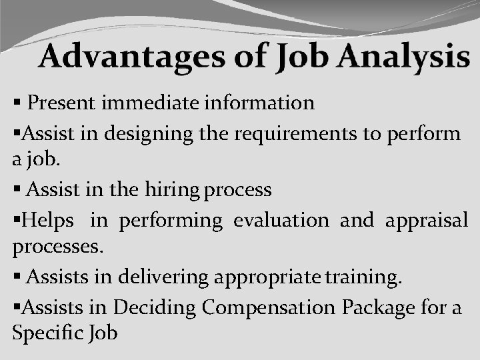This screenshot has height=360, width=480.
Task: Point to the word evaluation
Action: point(281,220)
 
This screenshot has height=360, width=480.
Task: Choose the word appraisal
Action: point(427,220)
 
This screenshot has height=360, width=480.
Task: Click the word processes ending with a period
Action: point(59,247)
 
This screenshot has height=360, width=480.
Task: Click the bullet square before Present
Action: point(17,103)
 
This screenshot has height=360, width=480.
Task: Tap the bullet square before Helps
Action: point(16,221)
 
